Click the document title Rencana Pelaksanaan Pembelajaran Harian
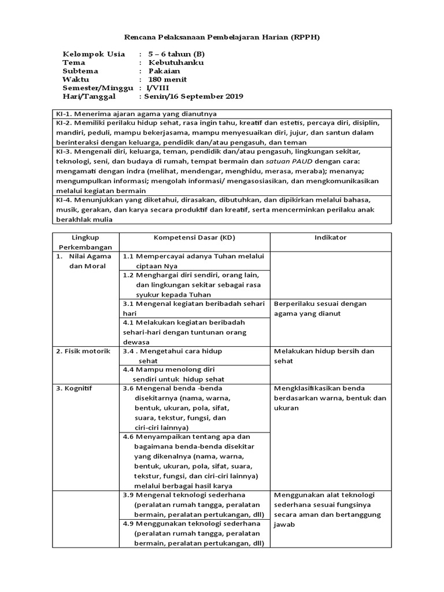222,37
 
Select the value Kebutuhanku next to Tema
176,62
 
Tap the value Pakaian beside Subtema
165,71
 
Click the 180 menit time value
168,79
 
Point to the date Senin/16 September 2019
191,96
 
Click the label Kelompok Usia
89,54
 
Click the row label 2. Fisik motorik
83,351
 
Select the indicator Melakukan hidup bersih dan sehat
324,356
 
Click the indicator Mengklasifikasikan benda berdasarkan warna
330,398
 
